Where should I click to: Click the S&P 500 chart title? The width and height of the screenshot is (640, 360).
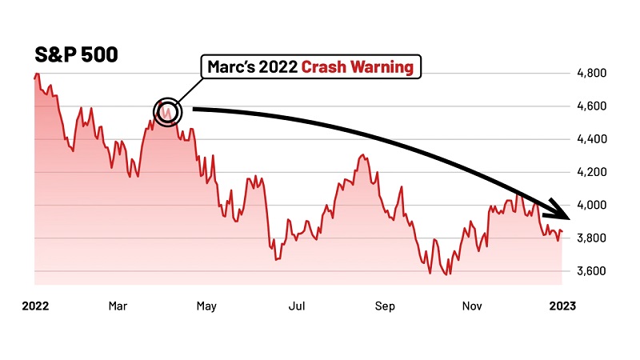coord(76,54)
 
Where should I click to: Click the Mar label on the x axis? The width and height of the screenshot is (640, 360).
coord(118,305)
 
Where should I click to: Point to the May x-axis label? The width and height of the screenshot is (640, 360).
coord(207,305)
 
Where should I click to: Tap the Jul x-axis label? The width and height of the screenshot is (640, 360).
coord(298,305)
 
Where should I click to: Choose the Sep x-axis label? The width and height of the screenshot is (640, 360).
coord(386,305)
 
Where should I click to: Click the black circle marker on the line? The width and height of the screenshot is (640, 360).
coord(166,112)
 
